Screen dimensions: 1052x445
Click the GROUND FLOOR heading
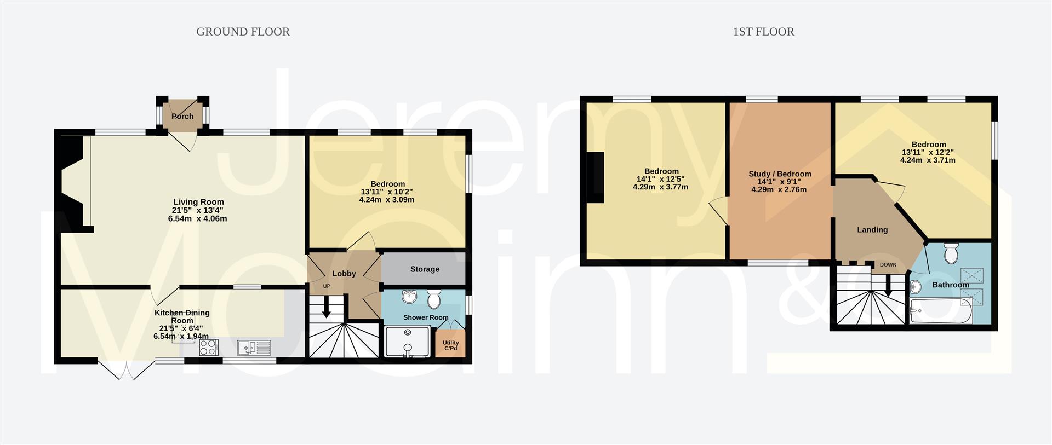243,32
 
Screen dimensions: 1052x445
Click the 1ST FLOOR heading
763,32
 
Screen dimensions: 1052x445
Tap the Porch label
182,117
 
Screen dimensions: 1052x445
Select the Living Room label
198,202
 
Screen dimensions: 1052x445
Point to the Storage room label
425,269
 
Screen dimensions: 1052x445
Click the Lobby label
344,274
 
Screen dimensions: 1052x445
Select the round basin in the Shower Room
409,297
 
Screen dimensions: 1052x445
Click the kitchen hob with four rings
209,348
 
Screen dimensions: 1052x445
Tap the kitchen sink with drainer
254,348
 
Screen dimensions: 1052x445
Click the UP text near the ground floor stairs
327,286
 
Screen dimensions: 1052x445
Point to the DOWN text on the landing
888,265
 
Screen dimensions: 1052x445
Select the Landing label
872,230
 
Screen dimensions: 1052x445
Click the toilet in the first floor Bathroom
951,253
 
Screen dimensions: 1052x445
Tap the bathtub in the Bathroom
941,311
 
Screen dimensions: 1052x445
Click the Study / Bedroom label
780,174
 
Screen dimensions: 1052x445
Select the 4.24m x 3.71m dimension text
928,160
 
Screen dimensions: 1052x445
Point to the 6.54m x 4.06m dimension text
197,218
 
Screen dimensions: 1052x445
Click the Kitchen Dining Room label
182,317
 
